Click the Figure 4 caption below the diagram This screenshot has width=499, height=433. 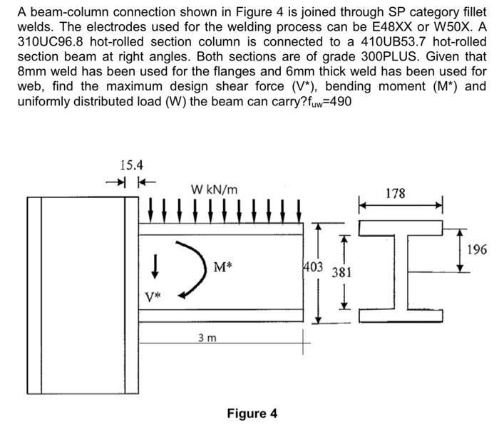coord(252,414)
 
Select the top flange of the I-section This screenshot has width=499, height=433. coord(401,226)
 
